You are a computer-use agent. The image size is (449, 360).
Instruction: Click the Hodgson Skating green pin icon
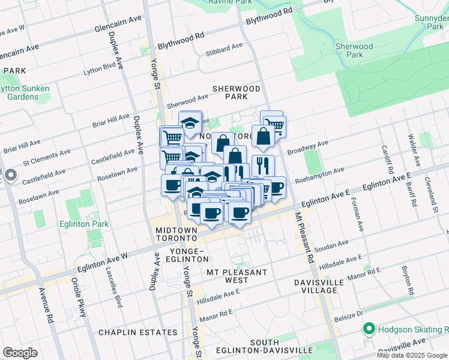click(368, 329)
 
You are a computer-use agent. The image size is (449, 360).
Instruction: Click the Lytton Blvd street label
click(100, 65)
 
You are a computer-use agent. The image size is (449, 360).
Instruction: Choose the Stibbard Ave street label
click(223, 48)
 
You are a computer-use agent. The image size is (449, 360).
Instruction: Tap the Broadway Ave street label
click(308, 146)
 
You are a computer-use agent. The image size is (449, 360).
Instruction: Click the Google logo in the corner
click(20, 352)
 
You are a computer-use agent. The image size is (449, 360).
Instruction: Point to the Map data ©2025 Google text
click(412, 355)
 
